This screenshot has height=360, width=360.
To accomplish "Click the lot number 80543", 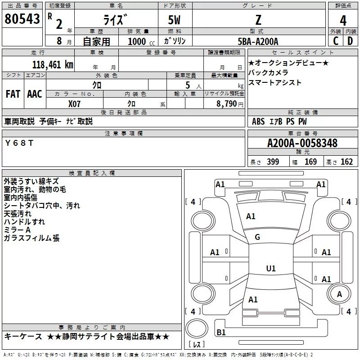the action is pyautogui.click(x=22, y=19).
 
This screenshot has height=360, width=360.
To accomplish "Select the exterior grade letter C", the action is pyautogui.click(x=335, y=41).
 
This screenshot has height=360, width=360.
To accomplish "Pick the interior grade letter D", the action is pyautogui.click(x=350, y=41).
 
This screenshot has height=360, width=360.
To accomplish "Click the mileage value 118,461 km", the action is pyautogui.click(x=53, y=64).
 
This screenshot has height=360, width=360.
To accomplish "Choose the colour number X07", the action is pyautogui.click(x=74, y=103).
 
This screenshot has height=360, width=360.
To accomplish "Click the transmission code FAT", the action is pyautogui.click(x=13, y=94).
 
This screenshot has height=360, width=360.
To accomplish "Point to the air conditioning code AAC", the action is pyautogui.click(x=35, y=94).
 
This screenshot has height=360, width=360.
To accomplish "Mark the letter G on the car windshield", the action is pyautogui.click(x=257, y=237).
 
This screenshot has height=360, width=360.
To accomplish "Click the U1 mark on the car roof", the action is pyautogui.click(x=270, y=269).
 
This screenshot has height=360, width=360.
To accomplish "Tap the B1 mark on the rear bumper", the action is pyautogui.click(x=221, y=333).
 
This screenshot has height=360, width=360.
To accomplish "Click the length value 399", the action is pyautogui.click(x=273, y=162).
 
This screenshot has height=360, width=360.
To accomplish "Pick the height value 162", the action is pyautogui.click(x=346, y=162).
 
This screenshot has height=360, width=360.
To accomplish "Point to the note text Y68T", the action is pyautogui.click(x=19, y=143).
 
